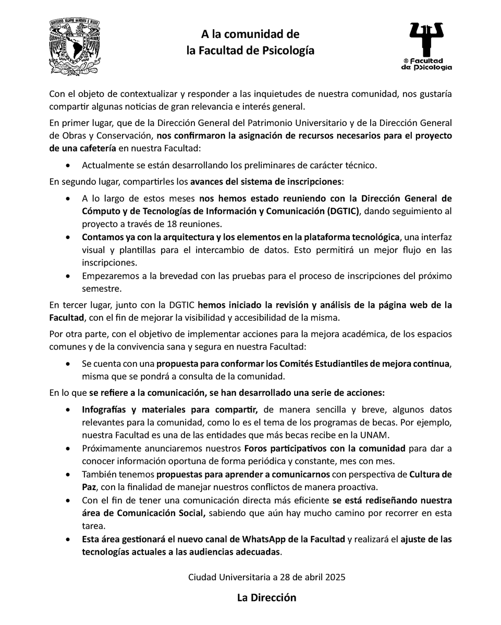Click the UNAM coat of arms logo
pos(74,47)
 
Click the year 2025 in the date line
pos(334,577)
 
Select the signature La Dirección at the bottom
pos(266,597)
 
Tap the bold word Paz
pos(89,487)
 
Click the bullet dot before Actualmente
pos(70,166)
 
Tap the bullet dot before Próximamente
pos(70,448)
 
